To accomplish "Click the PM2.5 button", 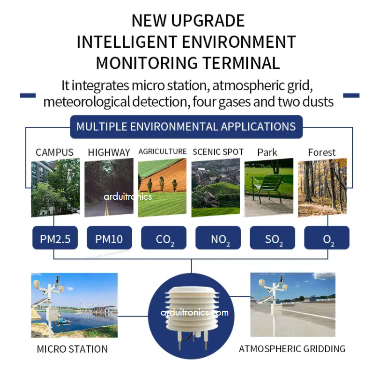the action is point(55,237).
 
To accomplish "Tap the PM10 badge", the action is point(109,237).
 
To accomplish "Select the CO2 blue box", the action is point(164,237).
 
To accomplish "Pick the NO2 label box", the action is point(218,237).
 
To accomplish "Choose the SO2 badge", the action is point(272,237).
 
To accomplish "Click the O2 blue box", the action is point(327,237).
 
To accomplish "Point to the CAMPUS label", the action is point(55,152).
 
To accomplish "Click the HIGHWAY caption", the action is point(109,152).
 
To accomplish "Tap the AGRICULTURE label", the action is point(163,152).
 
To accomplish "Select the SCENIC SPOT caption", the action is point(218,152).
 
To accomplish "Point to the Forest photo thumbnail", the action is point(322,187).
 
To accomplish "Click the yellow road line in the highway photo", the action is point(106,208).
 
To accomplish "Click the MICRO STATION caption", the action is point(72,349).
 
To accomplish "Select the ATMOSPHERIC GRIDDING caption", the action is point(292,349).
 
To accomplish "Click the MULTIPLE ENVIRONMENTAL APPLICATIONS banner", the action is point(186,127).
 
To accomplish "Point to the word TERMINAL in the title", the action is point(241,63).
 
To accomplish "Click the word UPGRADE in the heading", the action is point(208,20).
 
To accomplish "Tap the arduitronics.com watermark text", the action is point(194,312).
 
